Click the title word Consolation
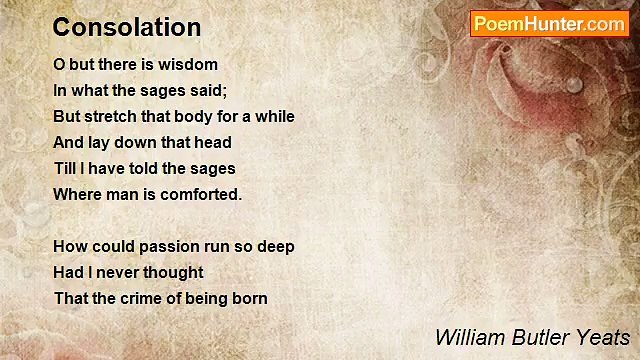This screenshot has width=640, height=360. [x=127, y=27]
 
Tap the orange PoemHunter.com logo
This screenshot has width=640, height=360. [x=549, y=24]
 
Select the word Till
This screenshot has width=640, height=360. [x=65, y=169]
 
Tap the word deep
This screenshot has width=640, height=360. [x=275, y=247]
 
